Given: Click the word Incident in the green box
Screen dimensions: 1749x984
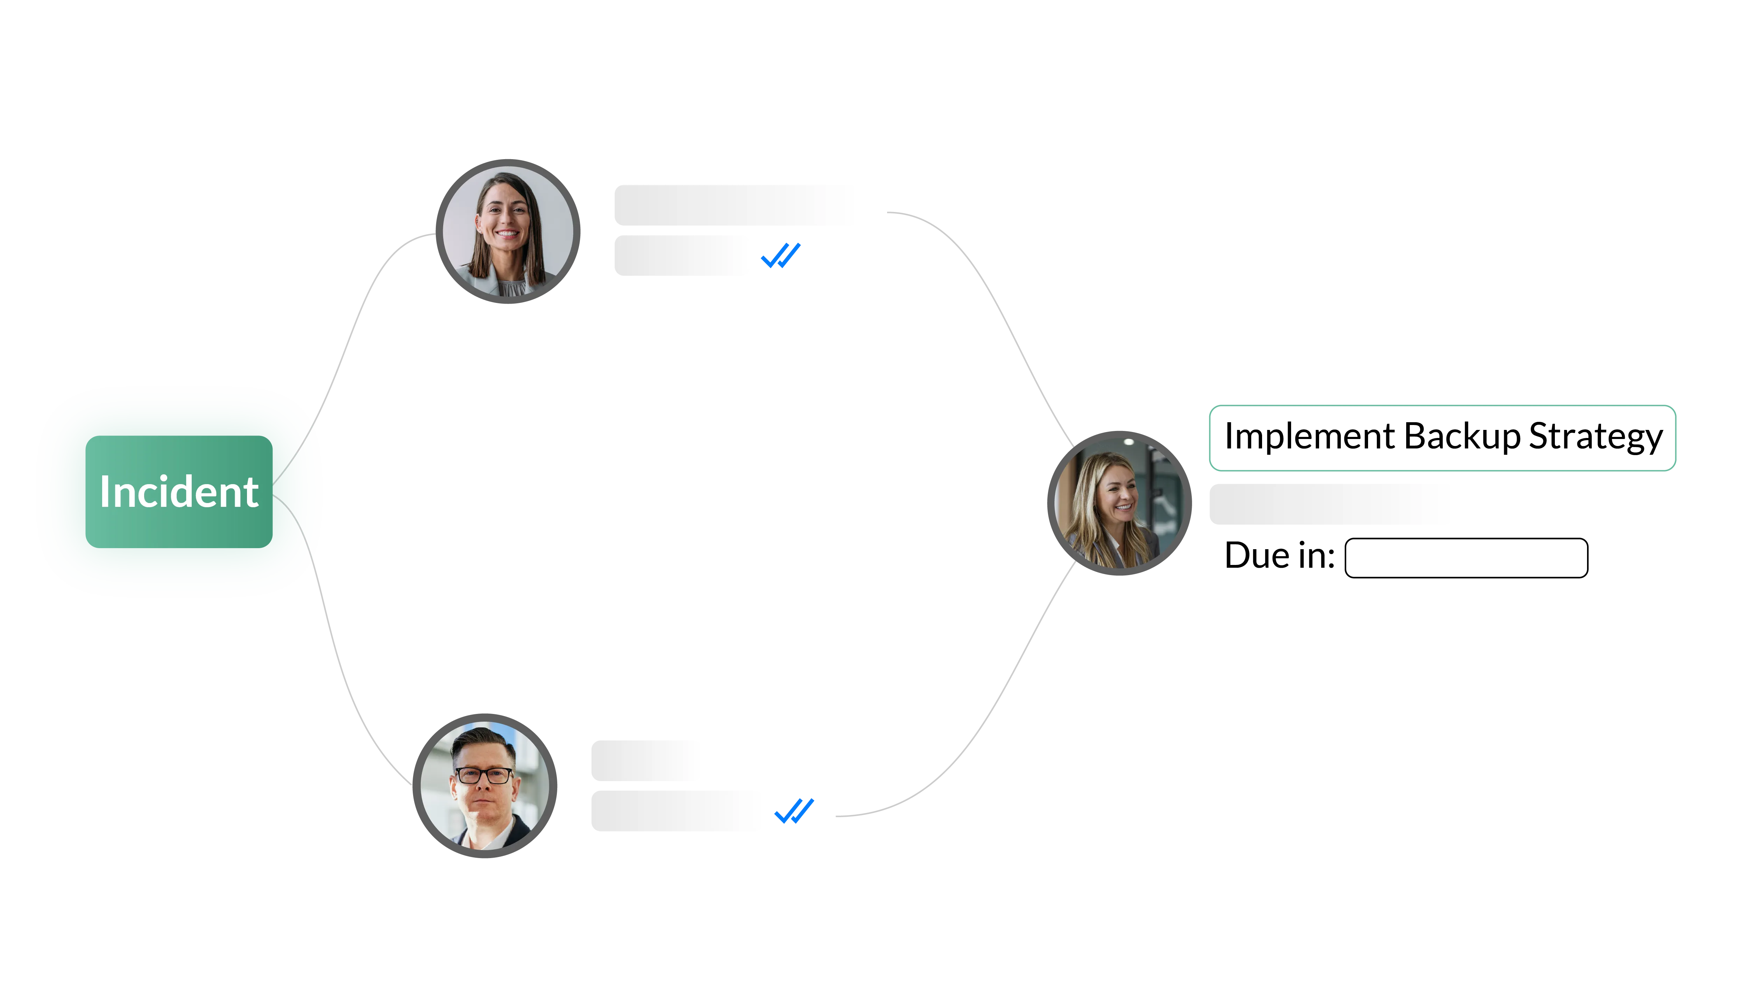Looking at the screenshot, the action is tap(178, 492).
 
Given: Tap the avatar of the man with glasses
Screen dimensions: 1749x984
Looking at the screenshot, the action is tap(485, 786).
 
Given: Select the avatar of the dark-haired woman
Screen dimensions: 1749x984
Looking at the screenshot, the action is tap(508, 231).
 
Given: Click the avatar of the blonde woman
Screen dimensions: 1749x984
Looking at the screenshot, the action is tap(1119, 503).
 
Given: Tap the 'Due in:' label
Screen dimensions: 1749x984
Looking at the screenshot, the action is tap(1279, 555).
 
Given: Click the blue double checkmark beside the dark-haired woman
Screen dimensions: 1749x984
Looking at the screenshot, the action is tap(781, 255).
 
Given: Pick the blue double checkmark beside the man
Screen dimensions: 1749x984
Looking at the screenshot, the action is tap(793, 812).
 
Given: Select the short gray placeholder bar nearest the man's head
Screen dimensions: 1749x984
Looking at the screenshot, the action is tap(645, 760).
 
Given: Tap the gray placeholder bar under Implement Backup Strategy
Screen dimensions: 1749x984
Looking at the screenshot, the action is tap(1331, 504).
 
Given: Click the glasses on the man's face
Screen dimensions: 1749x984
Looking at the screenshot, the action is tap(484, 775).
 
